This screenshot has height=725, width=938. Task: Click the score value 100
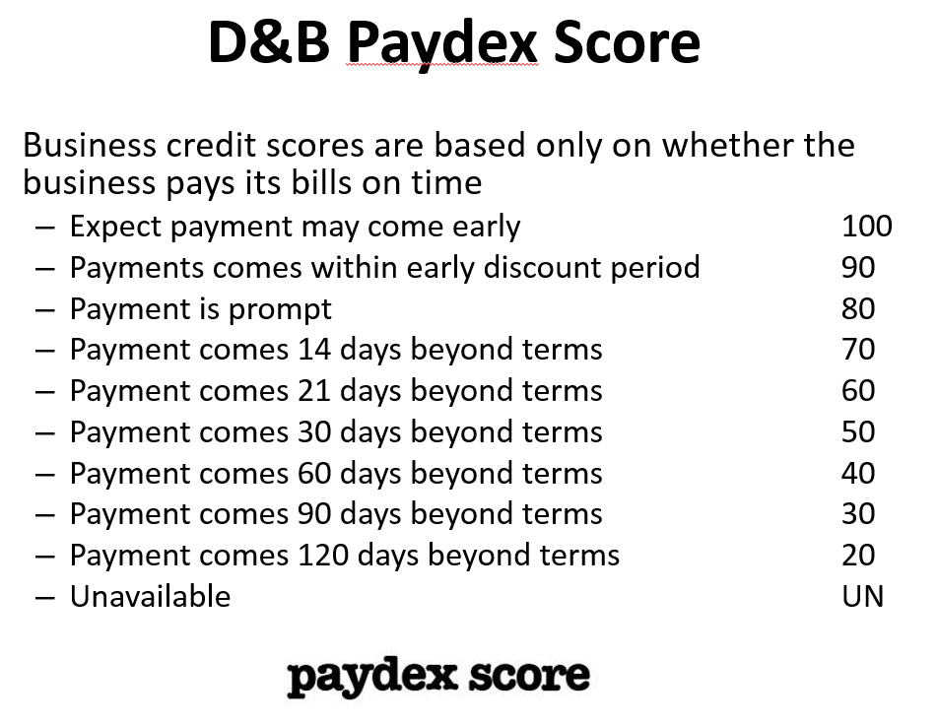tap(867, 227)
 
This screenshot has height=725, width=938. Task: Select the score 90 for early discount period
tap(858, 267)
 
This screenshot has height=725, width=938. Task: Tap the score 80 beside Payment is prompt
tap(858, 308)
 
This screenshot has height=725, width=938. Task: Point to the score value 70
tap(858, 350)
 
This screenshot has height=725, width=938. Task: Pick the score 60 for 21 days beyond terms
tap(858, 391)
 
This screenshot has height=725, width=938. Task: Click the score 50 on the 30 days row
tap(858, 431)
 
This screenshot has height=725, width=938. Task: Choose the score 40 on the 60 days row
tap(858, 473)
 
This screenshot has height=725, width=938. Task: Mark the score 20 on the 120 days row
tap(858, 556)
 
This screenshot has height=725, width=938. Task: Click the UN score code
tap(863, 596)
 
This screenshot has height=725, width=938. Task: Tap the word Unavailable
tap(150, 596)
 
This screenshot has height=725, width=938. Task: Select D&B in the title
tap(269, 41)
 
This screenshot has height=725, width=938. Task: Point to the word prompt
tap(280, 310)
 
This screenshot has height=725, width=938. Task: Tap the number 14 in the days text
tap(314, 350)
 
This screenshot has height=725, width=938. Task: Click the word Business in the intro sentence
tap(89, 146)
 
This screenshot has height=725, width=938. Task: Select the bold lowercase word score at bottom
tap(529, 676)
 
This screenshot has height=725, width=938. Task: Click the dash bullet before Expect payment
tap(45, 228)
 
